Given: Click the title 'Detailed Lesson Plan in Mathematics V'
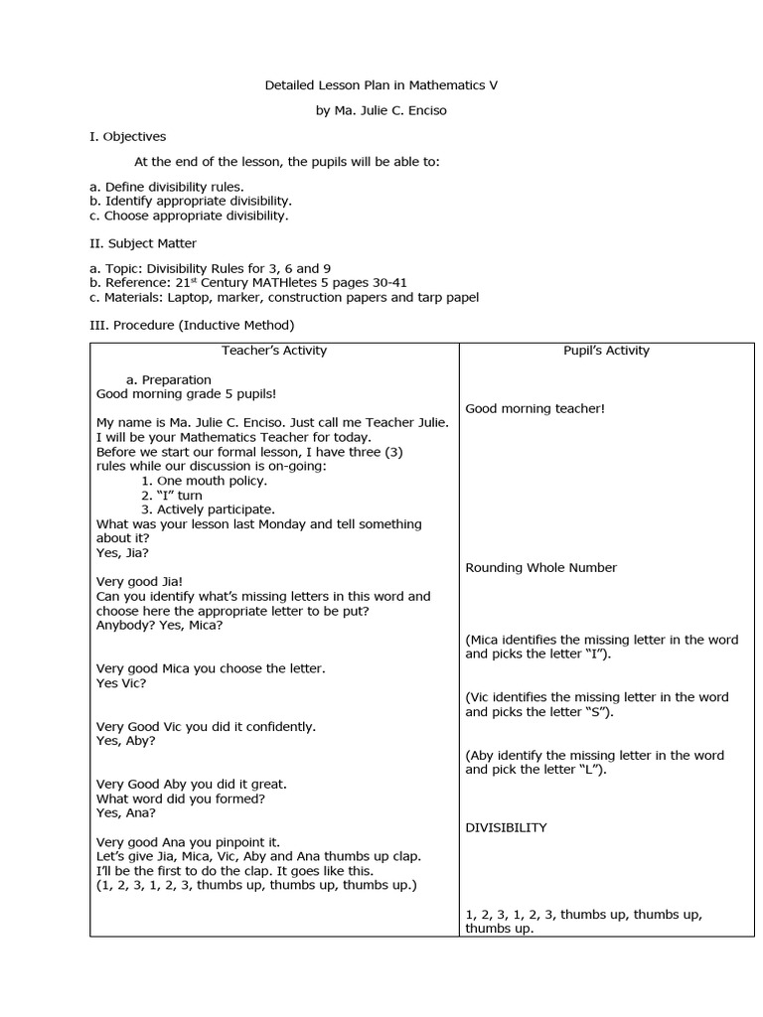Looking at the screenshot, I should [381, 85].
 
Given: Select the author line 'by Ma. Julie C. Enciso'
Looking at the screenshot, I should [381, 110].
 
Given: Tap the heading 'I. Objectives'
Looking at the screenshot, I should [127, 136].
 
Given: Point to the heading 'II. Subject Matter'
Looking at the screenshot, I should [143, 243].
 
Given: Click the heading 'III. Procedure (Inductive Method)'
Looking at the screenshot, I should [192, 325].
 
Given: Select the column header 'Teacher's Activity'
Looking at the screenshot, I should [274, 351].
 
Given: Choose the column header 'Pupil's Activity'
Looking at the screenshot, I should [606, 351].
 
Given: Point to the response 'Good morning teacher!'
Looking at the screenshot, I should [534, 408].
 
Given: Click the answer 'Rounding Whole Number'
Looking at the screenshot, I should [540, 568].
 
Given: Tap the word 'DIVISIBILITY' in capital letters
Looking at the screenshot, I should [506, 827].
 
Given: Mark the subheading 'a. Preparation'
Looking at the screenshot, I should [169, 379].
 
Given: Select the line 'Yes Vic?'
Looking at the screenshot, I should [121, 683].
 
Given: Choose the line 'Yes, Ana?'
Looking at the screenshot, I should [126, 812].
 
